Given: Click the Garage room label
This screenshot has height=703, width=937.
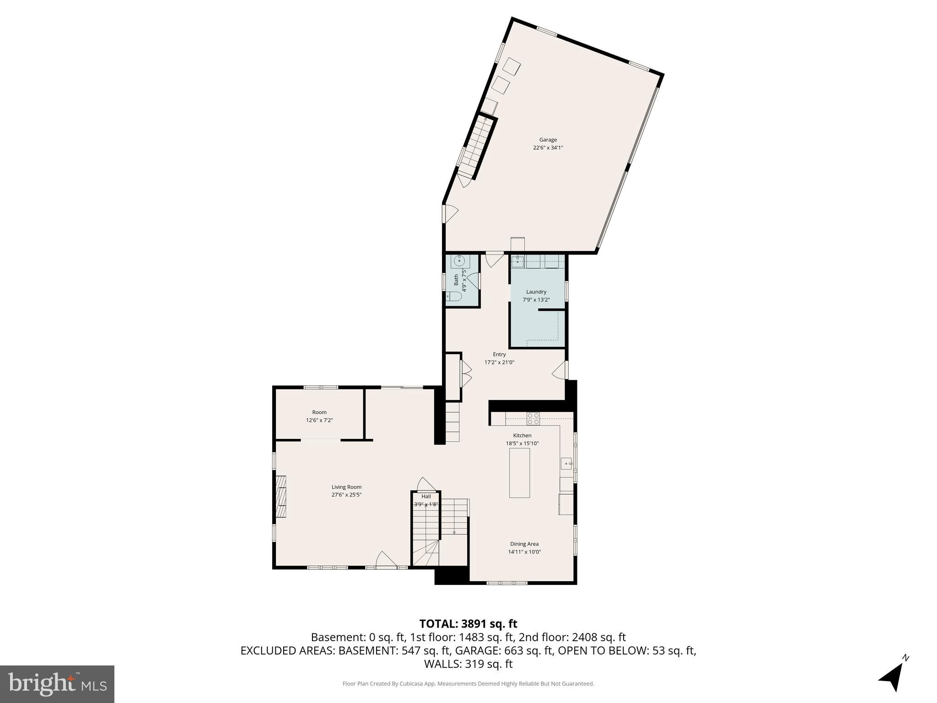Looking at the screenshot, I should [548, 140].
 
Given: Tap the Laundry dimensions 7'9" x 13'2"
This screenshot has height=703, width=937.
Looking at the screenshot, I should [536, 300].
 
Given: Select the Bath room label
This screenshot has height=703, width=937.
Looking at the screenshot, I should [456, 280].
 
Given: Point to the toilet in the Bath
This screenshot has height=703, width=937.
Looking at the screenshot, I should [454, 297].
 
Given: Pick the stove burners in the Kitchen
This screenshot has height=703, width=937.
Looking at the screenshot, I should [533, 418].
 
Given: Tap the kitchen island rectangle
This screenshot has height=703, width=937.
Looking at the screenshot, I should [520, 473].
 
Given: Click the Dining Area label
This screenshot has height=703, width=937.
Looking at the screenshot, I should [524, 544].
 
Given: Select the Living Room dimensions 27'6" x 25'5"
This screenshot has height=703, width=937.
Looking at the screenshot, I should [347, 495].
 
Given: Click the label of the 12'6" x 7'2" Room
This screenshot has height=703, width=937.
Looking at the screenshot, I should [319, 412].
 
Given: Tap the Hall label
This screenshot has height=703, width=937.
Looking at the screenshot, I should [426, 497].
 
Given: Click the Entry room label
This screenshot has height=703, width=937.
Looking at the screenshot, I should [499, 354].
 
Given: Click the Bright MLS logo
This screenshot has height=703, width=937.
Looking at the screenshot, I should [57, 684].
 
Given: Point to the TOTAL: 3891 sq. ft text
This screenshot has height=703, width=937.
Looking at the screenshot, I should [468, 624].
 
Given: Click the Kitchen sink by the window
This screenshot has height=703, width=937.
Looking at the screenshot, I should [566, 464].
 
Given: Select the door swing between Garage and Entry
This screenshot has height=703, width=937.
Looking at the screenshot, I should [495, 260].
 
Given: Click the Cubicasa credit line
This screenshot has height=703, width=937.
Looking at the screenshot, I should [468, 684].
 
